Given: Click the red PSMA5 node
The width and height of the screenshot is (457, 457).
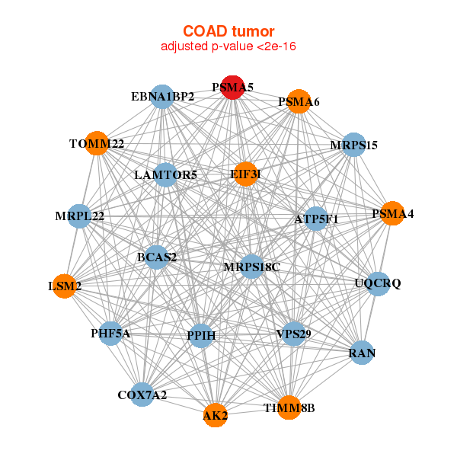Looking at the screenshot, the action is pyautogui.click(x=232, y=88).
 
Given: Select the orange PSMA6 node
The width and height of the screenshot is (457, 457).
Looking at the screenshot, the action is pyautogui.click(x=299, y=101).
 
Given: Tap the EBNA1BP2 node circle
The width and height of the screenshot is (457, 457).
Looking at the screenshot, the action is pyautogui.click(x=162, y=97).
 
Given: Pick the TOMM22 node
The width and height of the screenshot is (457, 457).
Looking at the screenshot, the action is pyautogui.click(x=97, y=143).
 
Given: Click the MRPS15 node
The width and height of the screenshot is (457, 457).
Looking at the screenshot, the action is pyautogui.click(x=354, y=145).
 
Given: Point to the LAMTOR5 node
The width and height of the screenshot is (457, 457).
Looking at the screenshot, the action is pyautogui.click(x=165, y=175).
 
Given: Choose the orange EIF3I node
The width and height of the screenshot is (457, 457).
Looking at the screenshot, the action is pyautogui.click(x=246, y=174).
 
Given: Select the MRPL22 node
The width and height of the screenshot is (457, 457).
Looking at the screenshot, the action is pyautogui.click(x=79, y=216).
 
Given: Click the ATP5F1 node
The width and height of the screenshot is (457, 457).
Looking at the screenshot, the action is pyautogui.click(x=316, y=219).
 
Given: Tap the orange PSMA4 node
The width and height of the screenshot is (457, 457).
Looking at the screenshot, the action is pyautogui.click(x=392, y=213).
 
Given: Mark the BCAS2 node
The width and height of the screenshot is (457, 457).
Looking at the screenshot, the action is pyautogui.click(x=157, y=257).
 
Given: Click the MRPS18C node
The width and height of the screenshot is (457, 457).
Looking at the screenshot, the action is pyautogui.click(x=252, y=267).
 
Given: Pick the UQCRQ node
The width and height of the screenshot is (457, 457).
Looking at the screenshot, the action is pyautogui.click(x=378, y=284).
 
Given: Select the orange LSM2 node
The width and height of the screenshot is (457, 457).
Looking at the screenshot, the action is pyautogui.click(x=65, y=286).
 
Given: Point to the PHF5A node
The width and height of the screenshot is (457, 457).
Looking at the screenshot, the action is pyautogui.click(x=110, y=334).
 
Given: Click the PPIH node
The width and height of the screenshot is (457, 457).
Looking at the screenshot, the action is pyautogui.click(x=201, y=336).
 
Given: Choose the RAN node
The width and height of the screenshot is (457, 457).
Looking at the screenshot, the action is pyautogui.click(x=362, y=353).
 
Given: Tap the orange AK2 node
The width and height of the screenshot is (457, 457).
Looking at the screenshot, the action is pyautogui.click(x=215, y=415).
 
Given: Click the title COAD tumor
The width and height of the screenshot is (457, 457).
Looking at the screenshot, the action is pyautogui.click(x=228, y=31).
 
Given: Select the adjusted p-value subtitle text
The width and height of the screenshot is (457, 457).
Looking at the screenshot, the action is pyautogui.click(x=228, y=46).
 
